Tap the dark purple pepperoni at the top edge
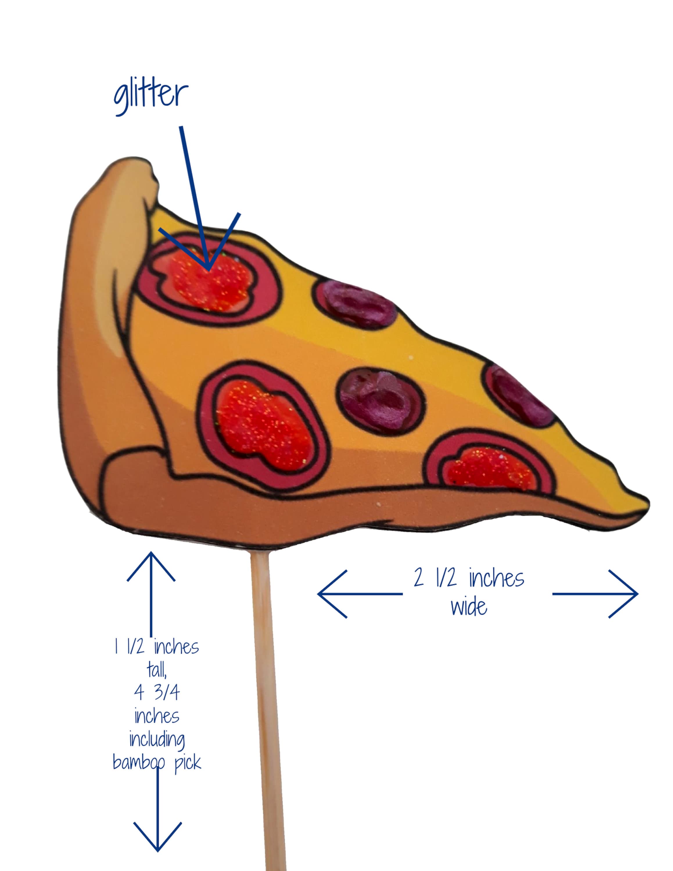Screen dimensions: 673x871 click(355, 303)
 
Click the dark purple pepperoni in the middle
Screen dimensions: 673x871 click(381, 400)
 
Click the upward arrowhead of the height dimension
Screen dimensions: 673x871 click(151, 566)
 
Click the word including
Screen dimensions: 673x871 click(157, 739)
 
